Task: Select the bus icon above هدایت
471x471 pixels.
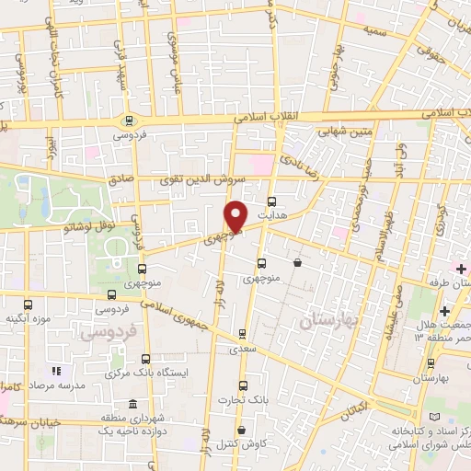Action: [271, 201]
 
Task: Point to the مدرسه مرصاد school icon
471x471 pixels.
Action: [55, 371]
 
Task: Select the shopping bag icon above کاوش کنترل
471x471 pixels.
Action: [241, 430]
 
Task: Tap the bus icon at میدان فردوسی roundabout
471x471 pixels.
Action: [128, 121]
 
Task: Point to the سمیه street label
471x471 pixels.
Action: [375, 31]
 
